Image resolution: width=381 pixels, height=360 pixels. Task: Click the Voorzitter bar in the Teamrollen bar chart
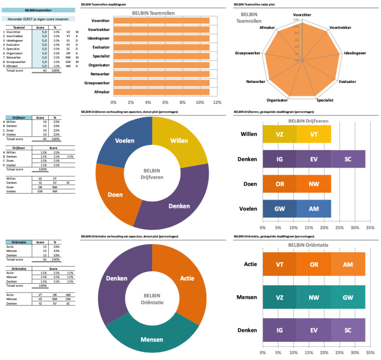162,21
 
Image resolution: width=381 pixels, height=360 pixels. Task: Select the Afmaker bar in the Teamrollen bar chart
162,92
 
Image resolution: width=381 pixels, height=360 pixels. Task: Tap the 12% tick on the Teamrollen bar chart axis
218,103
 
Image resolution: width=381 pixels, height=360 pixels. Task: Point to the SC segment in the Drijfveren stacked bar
348,158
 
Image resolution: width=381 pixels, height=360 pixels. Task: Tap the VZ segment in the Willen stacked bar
280,134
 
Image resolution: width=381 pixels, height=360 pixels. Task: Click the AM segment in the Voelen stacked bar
313,208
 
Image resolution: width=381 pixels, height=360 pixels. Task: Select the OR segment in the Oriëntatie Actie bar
313,264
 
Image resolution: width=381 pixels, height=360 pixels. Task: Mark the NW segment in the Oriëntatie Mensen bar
313,297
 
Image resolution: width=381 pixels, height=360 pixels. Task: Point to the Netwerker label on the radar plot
256,82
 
